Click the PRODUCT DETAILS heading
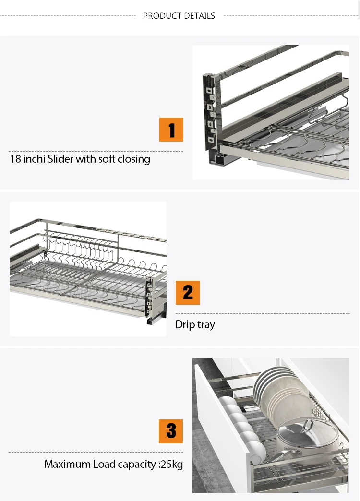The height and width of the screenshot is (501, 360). coord(179,16)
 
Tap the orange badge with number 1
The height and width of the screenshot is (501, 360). coord(171,130)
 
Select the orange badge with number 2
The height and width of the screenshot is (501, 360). coord(188,293)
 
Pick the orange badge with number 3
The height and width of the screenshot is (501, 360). coord(171,431)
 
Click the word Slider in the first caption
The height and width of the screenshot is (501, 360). coord(60,159)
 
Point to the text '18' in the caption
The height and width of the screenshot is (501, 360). coord(15,159)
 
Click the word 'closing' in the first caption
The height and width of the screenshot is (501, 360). coord(132,159)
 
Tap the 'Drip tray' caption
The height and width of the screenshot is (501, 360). coord(195,325)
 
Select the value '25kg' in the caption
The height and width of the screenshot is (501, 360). coord(171,465)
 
